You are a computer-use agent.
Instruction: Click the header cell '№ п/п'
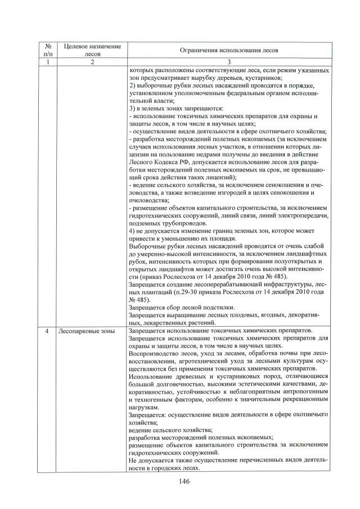tap(48, 50)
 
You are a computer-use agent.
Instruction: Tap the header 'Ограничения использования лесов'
tap(228, 50)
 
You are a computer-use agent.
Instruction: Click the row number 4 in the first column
tap(48, 331)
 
